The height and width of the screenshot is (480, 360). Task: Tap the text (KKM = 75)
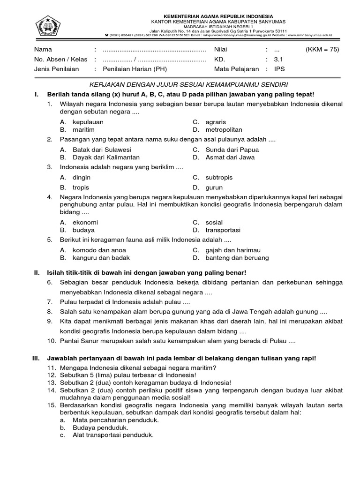[322, 50]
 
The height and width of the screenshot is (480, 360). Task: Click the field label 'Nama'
[43, 50]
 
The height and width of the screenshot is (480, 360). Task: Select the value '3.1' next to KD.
[279, 60]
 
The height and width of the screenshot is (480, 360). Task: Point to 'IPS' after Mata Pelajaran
[279, 69]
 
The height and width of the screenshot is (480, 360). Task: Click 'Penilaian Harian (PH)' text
[135, 69]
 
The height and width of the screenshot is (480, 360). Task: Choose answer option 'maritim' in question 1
[83, 129]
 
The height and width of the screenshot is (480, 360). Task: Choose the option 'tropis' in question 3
[81, 187]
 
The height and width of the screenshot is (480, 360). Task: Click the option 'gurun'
[214, 187]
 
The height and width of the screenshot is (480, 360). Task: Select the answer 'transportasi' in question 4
[223, 230]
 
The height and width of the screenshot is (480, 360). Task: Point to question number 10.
[51, 341]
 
